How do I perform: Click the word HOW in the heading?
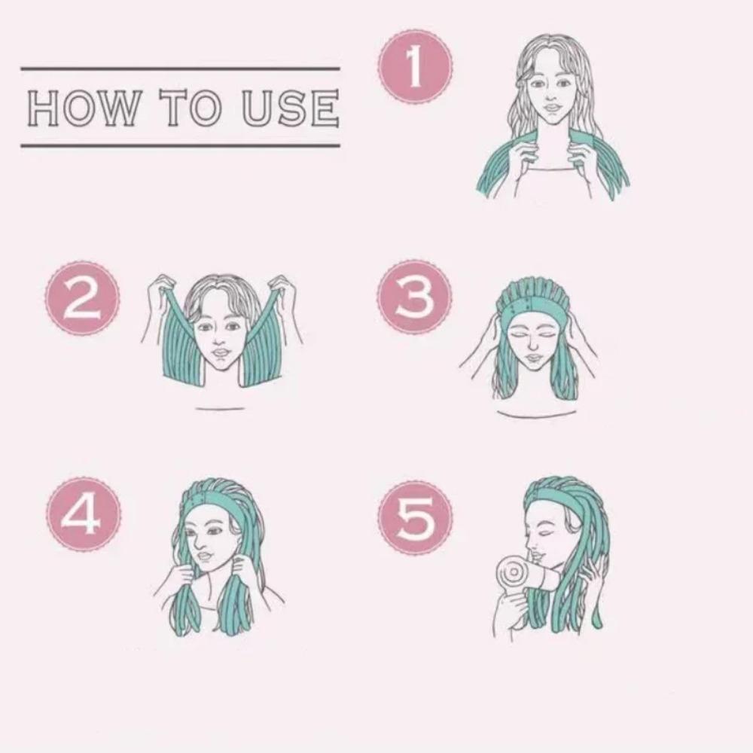point(83,108)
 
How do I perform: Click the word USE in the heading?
point(290,108)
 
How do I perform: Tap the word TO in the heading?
point(191,108)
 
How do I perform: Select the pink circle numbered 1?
point(415,66)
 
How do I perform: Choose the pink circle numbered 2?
point(82,298)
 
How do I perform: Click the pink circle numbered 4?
point(83,514)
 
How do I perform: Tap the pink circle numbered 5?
point(415,518)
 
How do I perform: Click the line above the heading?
point(180,69)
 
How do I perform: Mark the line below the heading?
point(180,145)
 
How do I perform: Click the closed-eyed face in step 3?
point(533,343)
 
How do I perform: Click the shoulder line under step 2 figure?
point(220,409)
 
